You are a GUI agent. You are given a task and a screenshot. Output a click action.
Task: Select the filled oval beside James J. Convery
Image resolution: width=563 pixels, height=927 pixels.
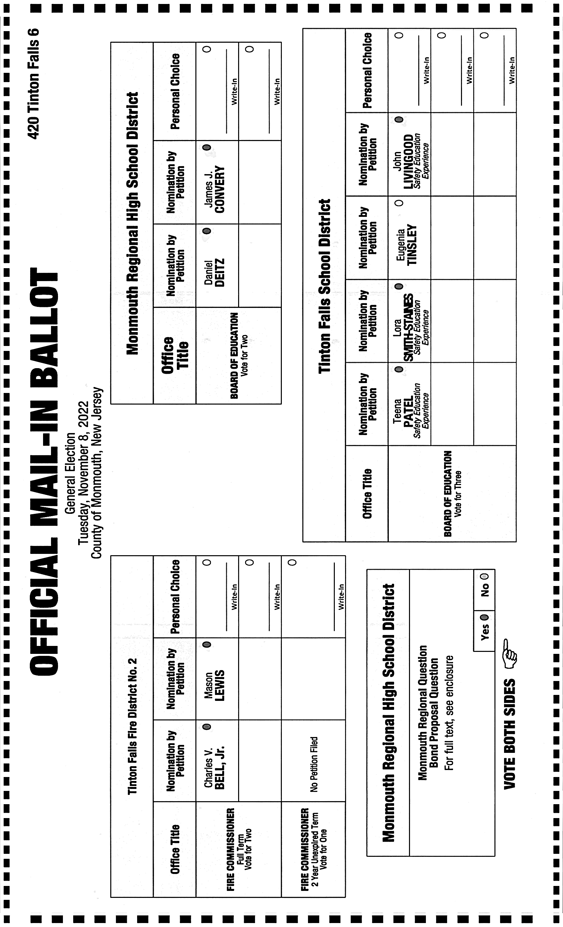pyautogui.click(x=207, y=147)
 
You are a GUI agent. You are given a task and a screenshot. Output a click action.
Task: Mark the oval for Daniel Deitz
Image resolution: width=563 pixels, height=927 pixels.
pyautogui.click(x=207, y=231)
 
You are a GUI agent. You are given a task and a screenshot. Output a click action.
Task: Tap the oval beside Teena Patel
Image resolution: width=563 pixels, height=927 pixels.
pyautogui.click(x=399, y=369)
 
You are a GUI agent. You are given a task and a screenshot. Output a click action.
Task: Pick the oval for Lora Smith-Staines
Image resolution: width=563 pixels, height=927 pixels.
pyautogui.click(x=399, y=286)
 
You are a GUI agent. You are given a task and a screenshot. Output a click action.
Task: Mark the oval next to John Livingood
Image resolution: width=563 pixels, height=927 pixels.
pyautogui.click(x=399, y=120)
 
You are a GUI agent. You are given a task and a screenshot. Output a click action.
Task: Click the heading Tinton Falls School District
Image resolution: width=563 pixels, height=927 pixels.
pyautogui.click(x=325, y=286)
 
